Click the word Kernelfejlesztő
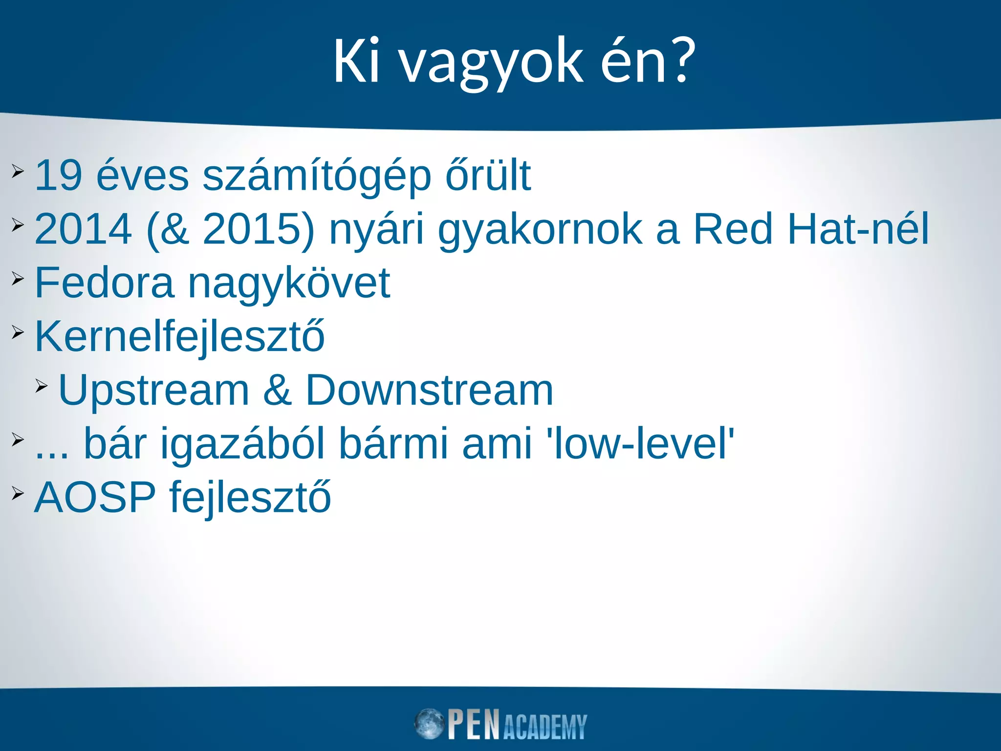(x=180, y=337)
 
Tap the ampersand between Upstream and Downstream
(x=277, y=391)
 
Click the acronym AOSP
(x=95, y=498)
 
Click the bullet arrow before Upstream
(x=42, y=387)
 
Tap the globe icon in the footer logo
(x=429, y=724)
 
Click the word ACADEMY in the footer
(x=544, y=727)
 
